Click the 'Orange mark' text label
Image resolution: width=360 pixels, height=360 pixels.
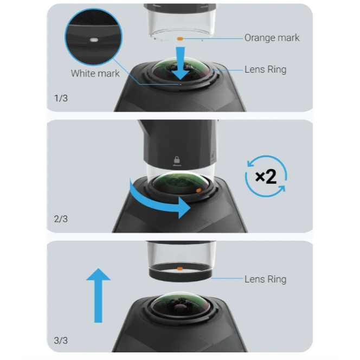pyautogui.click(x=272, y=38)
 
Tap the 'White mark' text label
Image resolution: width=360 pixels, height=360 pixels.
pyautogui.click(x=95, y=74)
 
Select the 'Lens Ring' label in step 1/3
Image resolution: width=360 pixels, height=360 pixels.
pyautogui.click(x=266, y=69)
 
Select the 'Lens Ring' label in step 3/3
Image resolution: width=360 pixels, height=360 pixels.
pyautogui.click(x=266, y=279)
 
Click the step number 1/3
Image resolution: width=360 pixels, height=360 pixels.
pyautogui.click(x=61, y=98)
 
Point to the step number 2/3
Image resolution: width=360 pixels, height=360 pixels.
pyautogui.click(x=61, y=219)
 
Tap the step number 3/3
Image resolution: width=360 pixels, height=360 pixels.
pyautogui.click(x=61, y=340)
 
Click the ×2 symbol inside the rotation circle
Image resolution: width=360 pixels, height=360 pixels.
pyautogui.click(x=266, y=176)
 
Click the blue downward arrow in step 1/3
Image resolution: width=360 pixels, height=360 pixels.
pyautogui.click(x=181, y=63)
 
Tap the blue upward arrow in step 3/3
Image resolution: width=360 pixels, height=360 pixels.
pyautogui.click(x=99, y=295)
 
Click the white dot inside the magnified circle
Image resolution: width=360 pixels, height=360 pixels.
pyautogui.click(x=94, y=40)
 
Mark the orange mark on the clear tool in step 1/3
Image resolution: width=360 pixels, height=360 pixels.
pyautogui.click(x=180, y=39)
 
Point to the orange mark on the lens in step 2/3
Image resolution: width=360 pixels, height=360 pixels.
pyautogui.click(x=198, y=190)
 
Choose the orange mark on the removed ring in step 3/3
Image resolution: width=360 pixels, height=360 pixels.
pyautogui.click(x=180, y=268)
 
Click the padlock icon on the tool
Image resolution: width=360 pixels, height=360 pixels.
pyautogui.click(x=177, y=160)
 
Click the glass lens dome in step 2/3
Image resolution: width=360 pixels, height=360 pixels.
pyautogui.click(x=181, y=183)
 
